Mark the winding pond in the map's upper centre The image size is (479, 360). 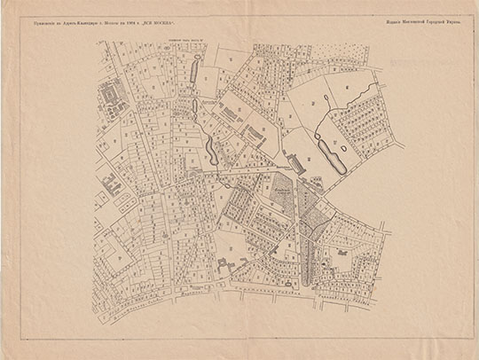pyautogui.click(x=208, y=139)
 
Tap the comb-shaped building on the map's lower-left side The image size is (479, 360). pyautogui.click(x=110, y=187)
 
